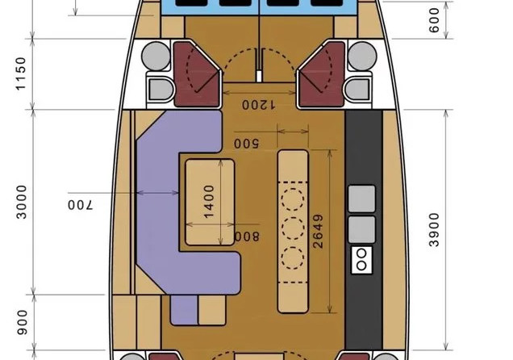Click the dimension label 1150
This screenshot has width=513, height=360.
(20, 73)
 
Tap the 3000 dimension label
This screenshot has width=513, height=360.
(22, 202)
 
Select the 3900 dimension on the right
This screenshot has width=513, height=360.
(434, 229)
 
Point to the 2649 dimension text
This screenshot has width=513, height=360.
(318, 232)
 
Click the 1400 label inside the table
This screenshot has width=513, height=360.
(209, 202)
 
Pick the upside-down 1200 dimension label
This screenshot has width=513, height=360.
(258, 105)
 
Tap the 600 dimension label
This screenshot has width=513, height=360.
(434, 20)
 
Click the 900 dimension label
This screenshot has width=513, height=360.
(23, 322)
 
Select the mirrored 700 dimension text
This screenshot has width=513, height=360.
(81, 205)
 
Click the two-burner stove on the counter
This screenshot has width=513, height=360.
(361, 260)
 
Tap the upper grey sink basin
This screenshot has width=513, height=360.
(361, 199)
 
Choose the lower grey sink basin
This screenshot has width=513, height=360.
(361, 229)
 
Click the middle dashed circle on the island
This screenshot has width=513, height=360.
(293, 228)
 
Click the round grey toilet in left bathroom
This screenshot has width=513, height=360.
(156, 56)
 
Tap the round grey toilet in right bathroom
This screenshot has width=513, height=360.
(362, 56)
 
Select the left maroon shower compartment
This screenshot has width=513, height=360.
(196, 74)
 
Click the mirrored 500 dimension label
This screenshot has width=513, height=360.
(246, 144)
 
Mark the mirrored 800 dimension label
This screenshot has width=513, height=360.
(248, 237)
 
